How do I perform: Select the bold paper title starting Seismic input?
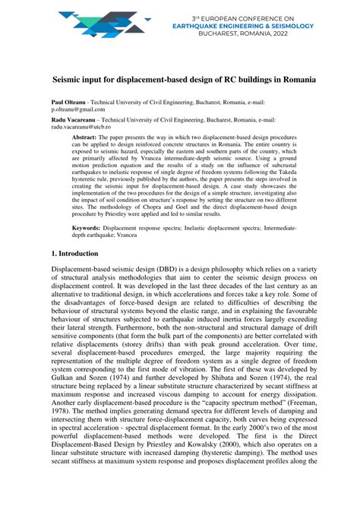pos(179,78)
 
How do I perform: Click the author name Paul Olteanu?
pos(71,101)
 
